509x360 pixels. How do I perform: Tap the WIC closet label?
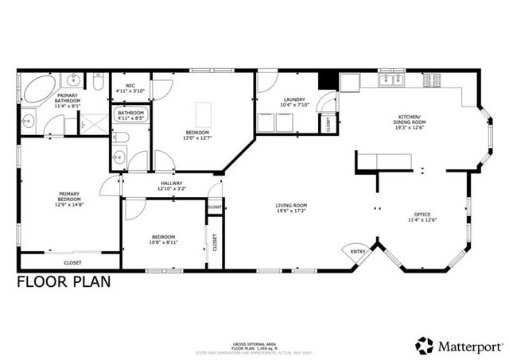tap(128, 87)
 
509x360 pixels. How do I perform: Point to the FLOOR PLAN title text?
tap(64, 281)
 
